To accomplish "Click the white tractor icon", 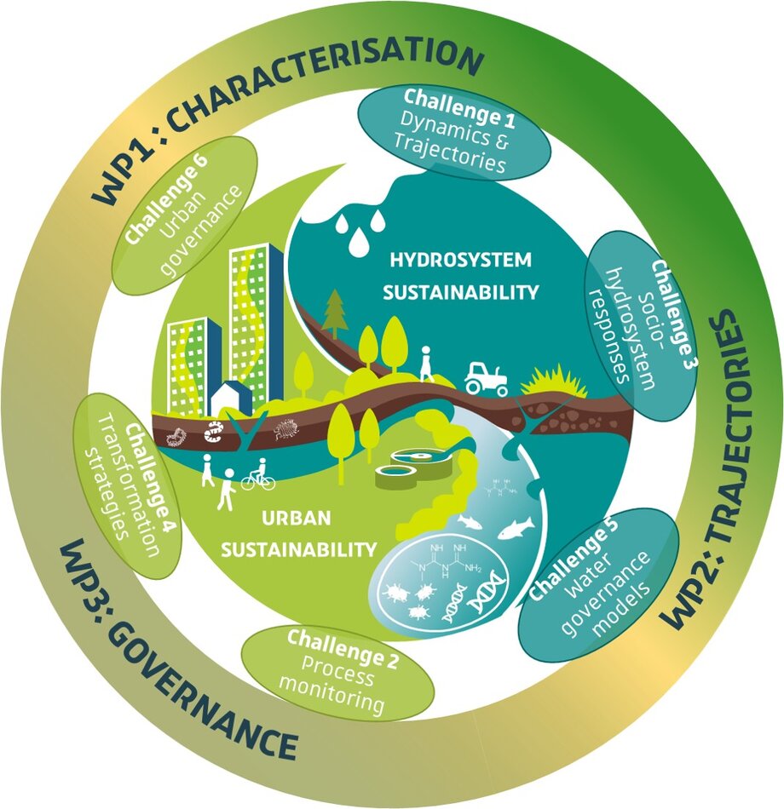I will pos(486,377).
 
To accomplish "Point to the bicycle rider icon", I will pos(258,475).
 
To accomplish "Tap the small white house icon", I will pos(229,398).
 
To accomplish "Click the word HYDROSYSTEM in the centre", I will pos(460,259).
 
